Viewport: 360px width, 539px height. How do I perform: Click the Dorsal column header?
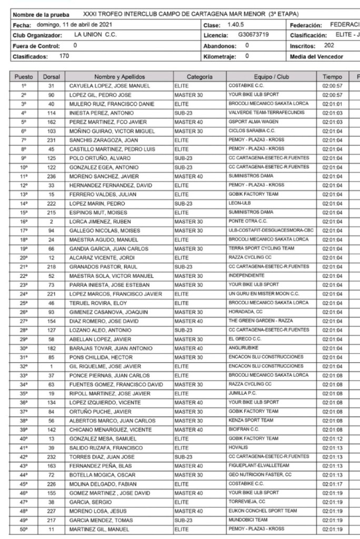tap(52, 77)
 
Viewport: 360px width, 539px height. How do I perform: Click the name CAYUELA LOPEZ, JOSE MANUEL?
tap(109, 86)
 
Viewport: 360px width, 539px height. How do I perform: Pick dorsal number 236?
tap(52, 176)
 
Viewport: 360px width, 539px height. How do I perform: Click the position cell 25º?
tap(24, 303)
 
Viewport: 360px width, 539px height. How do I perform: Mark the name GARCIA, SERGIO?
tap(88, 502)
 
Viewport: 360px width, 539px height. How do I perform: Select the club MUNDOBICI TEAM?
tap(248, 520)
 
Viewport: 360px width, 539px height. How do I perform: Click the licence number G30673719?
tap(253, 35)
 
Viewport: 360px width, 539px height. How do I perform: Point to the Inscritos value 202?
tap(329, 45)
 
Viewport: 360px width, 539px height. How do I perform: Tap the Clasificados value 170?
tap(64, 56)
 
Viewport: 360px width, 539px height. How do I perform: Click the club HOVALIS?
tap(238, 447)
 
